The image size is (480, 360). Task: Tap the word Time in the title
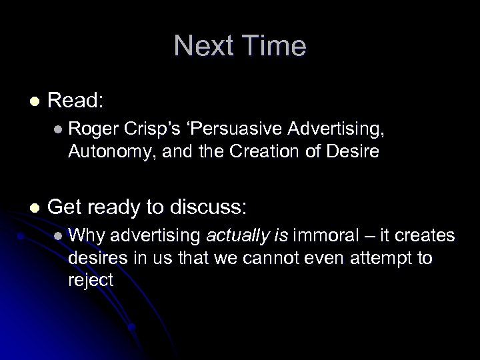273,46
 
